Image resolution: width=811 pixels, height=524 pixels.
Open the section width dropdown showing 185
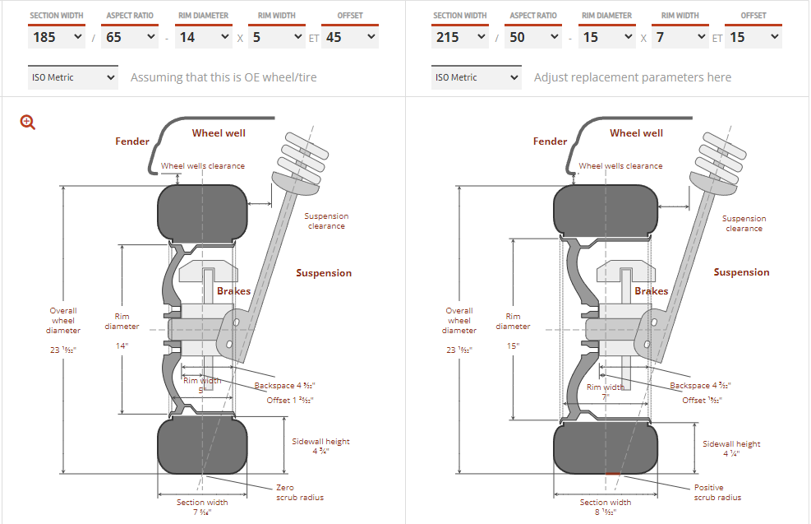[x=57, y=37]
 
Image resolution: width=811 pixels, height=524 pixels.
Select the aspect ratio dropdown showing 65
[x=129, y=37]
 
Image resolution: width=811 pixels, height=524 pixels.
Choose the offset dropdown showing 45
[x=350, y=37]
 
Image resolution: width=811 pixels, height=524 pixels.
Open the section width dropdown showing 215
[x=460, y=37]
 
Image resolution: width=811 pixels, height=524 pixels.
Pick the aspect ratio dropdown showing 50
[x=532, y=37]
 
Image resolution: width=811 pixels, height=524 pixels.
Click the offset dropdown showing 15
[x=753, y=37]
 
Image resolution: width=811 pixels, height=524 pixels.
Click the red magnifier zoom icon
[x=28, y=123]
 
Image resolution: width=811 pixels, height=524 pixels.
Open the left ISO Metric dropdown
[x=72, y=77]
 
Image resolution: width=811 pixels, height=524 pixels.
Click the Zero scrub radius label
[x=298, y=492]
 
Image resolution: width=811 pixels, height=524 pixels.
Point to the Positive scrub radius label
[x=717, y=492]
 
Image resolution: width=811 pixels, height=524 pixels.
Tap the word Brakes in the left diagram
[x=234, y=291]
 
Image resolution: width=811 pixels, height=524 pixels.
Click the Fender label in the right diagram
[x=550, y=141]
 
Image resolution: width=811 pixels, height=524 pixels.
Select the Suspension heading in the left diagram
[x=324, y=273]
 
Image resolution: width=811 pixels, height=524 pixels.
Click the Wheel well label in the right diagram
[x=636, y=133]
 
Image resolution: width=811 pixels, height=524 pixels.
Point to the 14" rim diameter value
[x=122, y=346]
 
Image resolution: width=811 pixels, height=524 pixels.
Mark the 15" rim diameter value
[x=513, y=346]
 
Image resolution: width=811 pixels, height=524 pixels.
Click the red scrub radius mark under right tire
[x=612, y=474]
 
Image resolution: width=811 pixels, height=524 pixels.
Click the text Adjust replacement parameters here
[x=632, y=77]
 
